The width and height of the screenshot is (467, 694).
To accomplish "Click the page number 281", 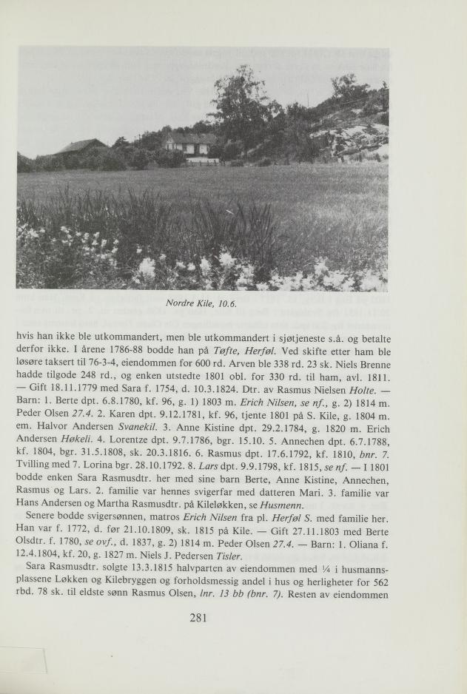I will pyautogui.click(x=198, y=619).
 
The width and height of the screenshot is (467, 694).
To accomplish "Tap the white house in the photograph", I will pyautogui.click(x=191, y=143).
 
